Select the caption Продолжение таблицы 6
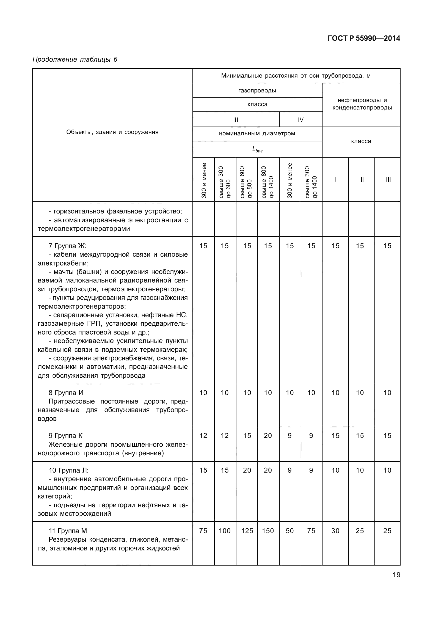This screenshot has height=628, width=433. click(75, 59)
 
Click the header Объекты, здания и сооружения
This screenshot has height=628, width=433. click(112, 132)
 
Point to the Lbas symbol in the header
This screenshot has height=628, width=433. click(257, 149)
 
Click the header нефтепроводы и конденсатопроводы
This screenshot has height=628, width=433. click(362, 104)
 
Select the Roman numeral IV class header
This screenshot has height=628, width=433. click(301, 120)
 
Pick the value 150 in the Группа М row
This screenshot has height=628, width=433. click(268, 531)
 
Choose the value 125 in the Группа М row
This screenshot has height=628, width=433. click(247, 531)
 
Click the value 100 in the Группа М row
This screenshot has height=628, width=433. click(225, 531)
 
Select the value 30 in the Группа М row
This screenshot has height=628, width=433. click(335, 531)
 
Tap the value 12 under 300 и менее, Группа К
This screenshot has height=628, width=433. click(203, 435)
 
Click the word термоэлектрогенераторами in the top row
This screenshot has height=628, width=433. click(84, 229)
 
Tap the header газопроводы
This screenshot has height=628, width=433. click(257, 91)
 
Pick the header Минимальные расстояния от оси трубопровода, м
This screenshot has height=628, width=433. click(296, 76)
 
